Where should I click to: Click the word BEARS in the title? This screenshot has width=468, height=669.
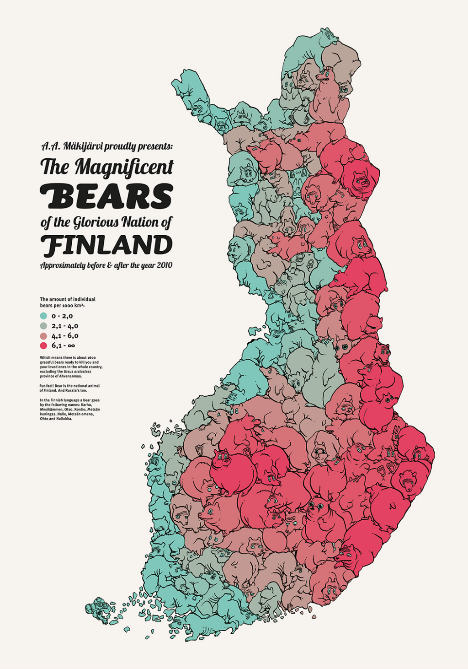tap(106, 196)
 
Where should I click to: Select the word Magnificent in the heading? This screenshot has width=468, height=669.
tap(124, 167)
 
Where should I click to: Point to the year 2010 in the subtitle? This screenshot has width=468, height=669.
tap(164, 265)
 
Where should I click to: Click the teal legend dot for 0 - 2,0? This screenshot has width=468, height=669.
tap(44, 316)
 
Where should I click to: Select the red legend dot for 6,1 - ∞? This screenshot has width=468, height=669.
tap(44, 345)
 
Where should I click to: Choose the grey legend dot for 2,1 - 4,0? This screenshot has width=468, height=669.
tap(44, 326)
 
